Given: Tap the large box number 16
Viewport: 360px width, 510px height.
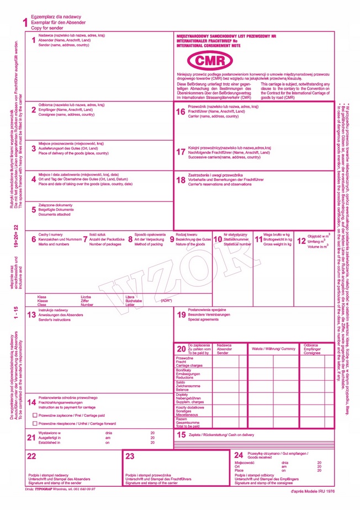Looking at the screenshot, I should tap(181, 111).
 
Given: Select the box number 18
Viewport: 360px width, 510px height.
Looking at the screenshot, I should tap(181, 180).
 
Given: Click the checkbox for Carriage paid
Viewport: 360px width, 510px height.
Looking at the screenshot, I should tap(35, 414).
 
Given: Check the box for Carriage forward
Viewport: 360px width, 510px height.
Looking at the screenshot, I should tap(35, 423).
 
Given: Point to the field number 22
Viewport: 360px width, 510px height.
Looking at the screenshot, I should tap(31, 455).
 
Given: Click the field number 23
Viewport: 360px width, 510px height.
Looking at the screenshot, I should tap(130, 456).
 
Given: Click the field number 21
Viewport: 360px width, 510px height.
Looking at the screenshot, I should tap(31, 437).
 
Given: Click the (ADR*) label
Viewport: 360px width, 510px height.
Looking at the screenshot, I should tap(166, 300).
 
